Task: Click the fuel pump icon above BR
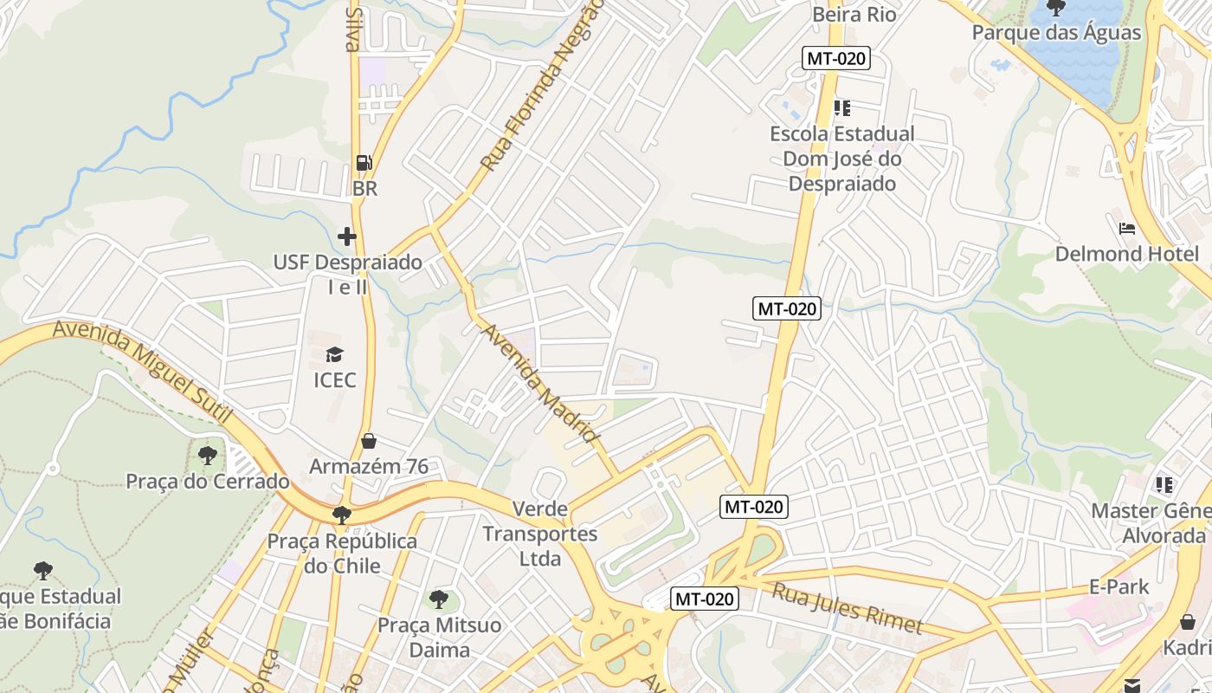click(x=364, y=163)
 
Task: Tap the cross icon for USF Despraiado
click(x=347, y=236)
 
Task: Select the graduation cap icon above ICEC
click(x=334, y=353)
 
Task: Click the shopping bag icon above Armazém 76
click(x=369, y=441)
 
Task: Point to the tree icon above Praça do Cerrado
click(x=207, y=455)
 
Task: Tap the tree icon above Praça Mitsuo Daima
click(x=439, y=599)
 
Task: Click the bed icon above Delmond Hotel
click(x=1126, y=229)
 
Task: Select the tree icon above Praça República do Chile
click(x=342, y=515)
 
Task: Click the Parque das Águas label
click(x=1056, y=33)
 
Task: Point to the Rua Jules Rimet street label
click(x=847, y=608)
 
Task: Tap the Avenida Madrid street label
click(x=540, y=383)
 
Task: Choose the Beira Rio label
click(x=854, y=15)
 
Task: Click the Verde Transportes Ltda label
click(x=540, y=534)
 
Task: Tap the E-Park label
click(x=1119, y=586)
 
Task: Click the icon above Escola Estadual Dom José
click(x=841, y=108)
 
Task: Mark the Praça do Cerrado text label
click(x=208, y=482)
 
